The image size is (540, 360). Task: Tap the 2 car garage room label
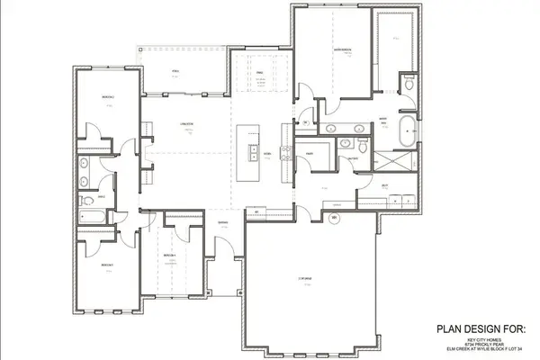click(x=307, y=279)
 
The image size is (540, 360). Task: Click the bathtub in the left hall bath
click(x=92, y=216)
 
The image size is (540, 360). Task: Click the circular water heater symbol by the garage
click(x=334, y=219)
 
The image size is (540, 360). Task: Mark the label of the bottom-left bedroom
click(x=106, y=265)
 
